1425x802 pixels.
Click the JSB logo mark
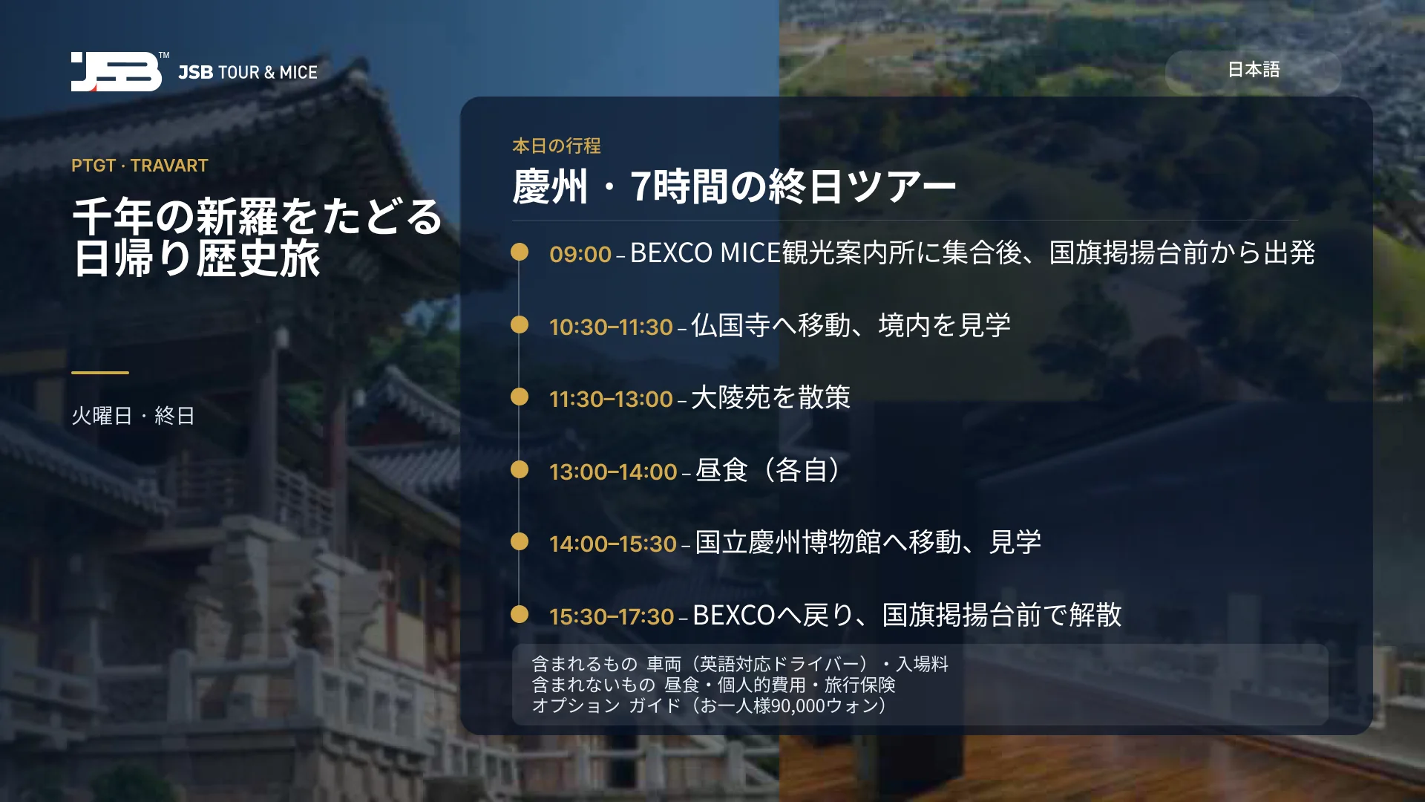pyautogui.click(x=117, y=71)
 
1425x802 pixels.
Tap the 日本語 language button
pyautogui.click(x=1253, y=71)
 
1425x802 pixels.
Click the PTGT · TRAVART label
pyautogui.click(x=140, y=166)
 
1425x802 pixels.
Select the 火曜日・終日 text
pyautogui.click(x=133, y=416)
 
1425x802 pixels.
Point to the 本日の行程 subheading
pyautogui.click(x=557, y=146)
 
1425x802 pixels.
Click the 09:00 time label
pyautogui.click(x=580, y=254)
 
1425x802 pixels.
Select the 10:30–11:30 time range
pyautogui.click(x=611, y=327)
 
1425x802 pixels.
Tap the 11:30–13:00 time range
pyautogui.click(x=611, y=399)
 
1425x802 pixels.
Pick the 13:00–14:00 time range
pyautogui.click(x=613, y=472)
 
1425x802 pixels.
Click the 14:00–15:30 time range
pyautogui.click(x=613, y=544)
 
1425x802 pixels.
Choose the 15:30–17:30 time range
pyautogui.click(x=612, y=616)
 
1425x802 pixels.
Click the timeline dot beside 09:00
pyautogui.click(x=520, y=252)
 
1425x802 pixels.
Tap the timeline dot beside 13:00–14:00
pyautogui.click(x=520, y=469)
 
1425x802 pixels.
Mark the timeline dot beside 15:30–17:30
pyautogui.click(x=520, y=614)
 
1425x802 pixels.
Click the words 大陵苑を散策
pyautogui.click(x=770, y=397)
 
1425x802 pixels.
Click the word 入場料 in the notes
pyautogui.click(x=923, y=664)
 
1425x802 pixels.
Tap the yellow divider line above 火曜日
pyautogui.click(x=100, y=372)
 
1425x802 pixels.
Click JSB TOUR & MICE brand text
pyautogui.click(x=248, y=72)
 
